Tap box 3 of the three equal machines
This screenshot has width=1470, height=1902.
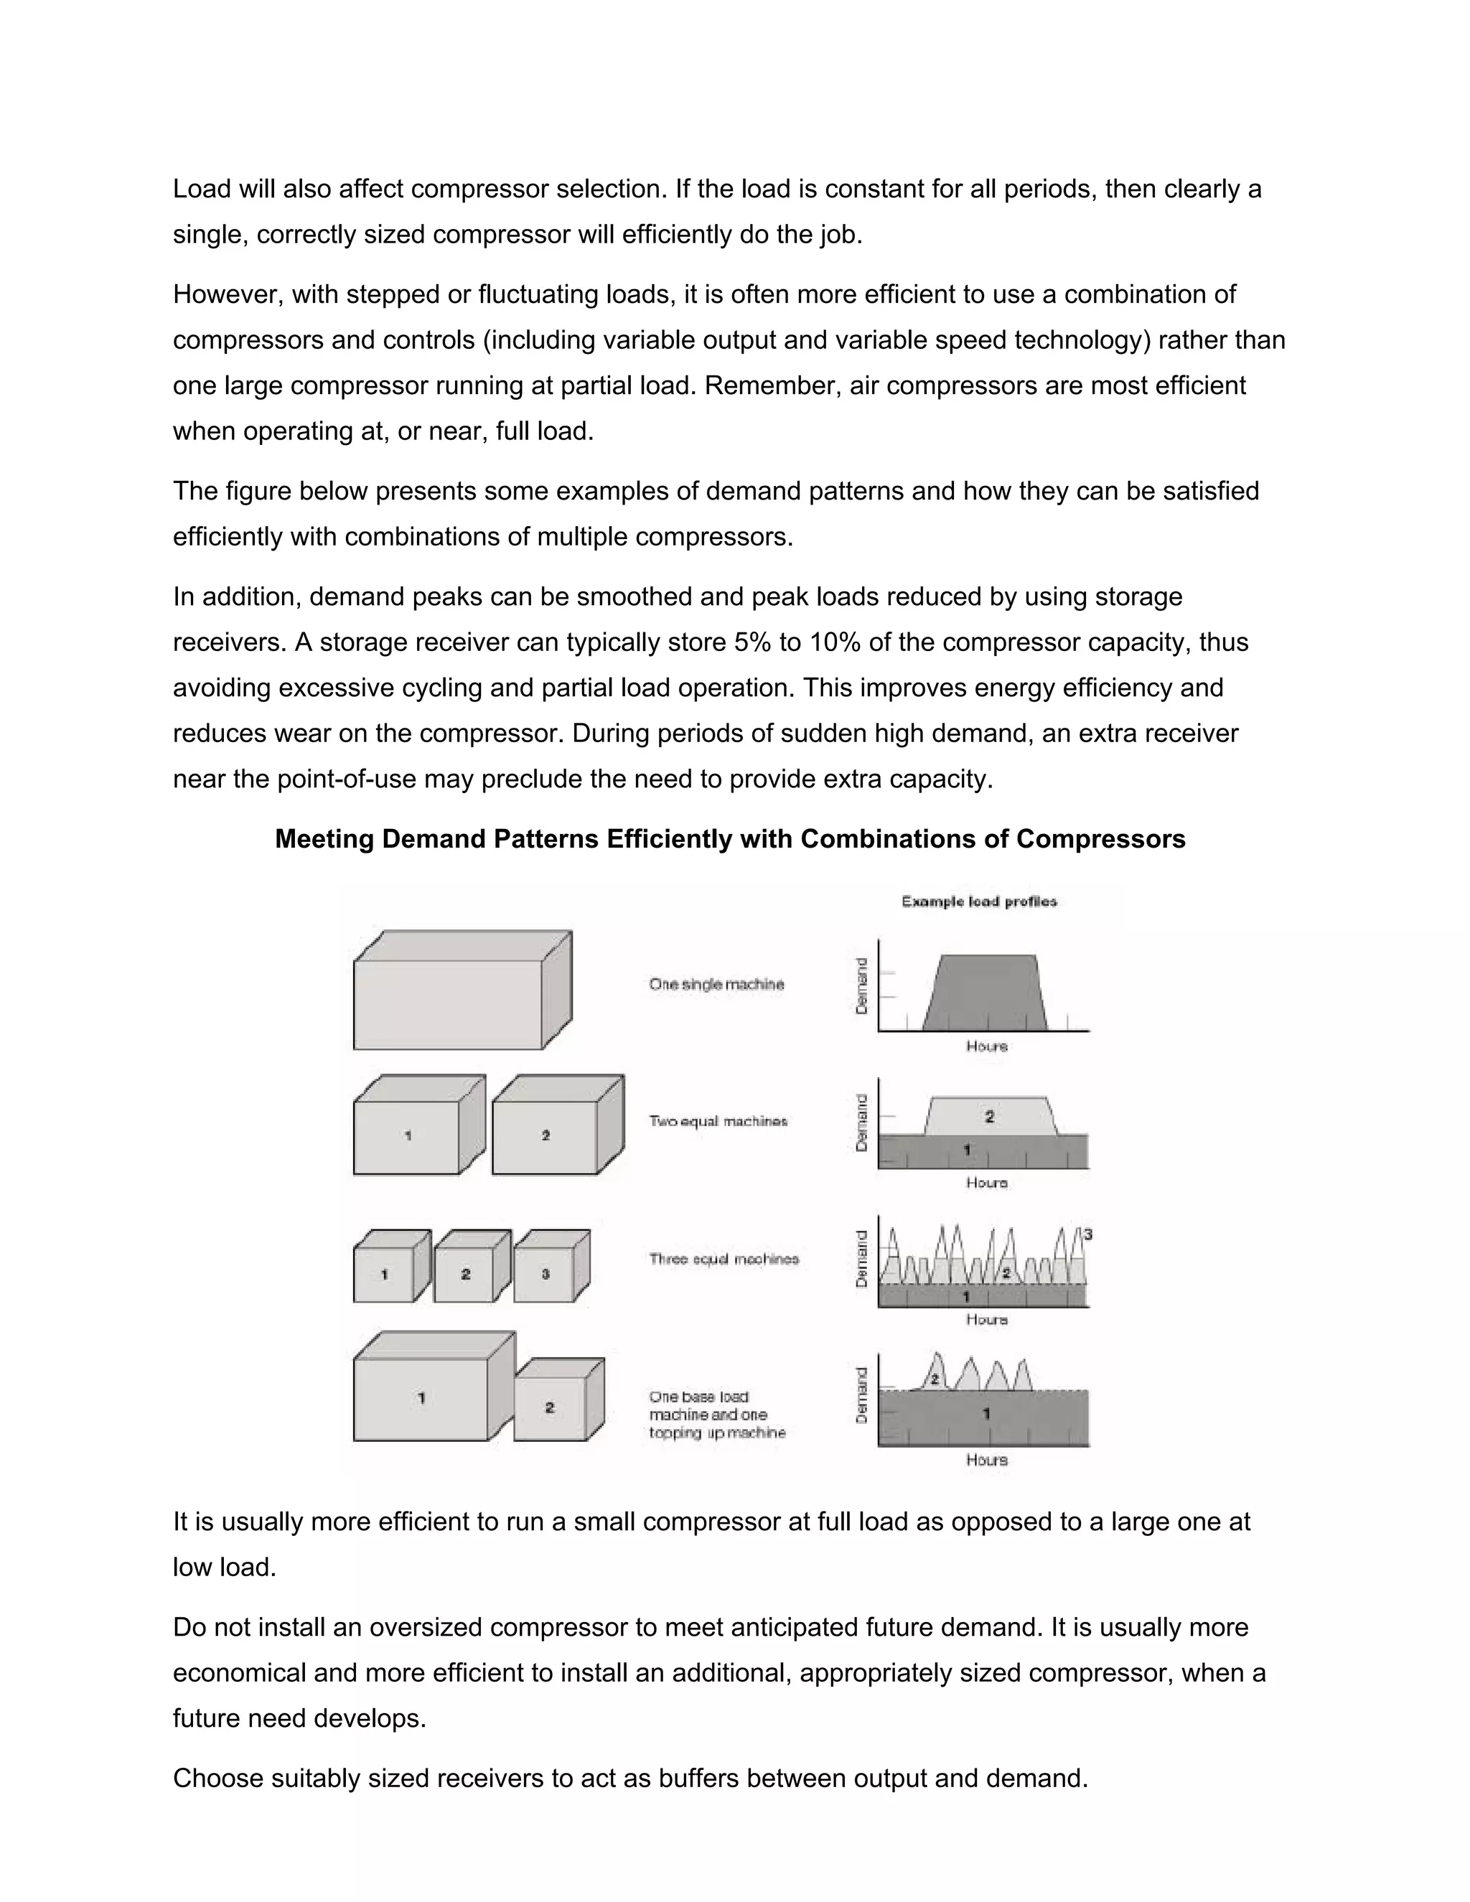point(546,1274)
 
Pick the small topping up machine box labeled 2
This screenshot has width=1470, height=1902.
point(551,1407)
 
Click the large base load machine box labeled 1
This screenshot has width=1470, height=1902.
point(421,1399)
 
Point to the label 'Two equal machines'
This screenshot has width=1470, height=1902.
point(718,1121)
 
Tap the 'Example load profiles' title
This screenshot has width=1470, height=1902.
point(979,901)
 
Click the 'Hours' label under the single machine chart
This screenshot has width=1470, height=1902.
point(987,1046)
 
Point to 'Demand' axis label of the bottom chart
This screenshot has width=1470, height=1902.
point(862,1395)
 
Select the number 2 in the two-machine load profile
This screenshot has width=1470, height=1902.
point(989,1117)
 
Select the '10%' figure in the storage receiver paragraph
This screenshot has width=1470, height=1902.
point(837,642)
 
